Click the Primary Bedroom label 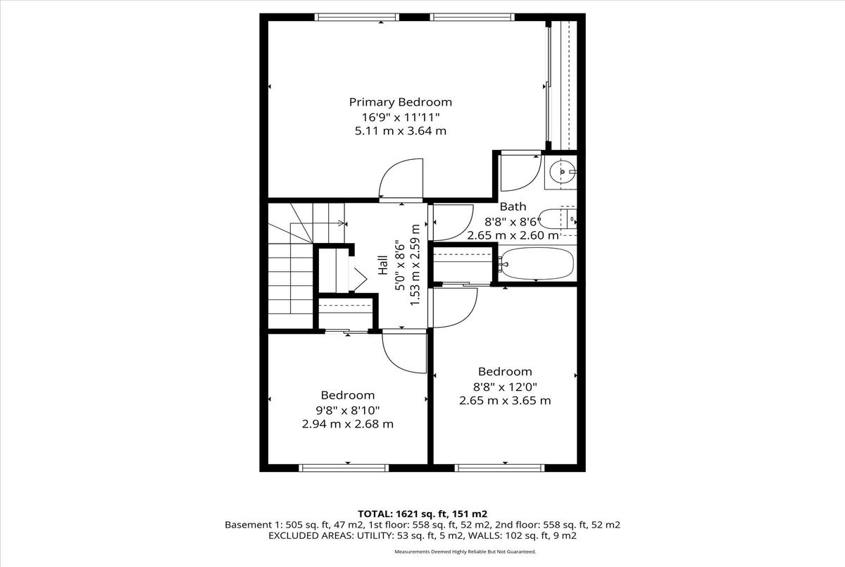400,102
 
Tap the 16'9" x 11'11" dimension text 400,118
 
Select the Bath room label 513,207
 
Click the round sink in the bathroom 563,172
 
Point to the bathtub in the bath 537,263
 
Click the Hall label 383,265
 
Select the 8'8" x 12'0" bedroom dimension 505,387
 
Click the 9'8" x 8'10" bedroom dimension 347,410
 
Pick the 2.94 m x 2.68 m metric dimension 347,424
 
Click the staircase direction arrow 318,223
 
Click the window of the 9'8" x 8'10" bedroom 344,468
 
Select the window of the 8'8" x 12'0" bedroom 499,468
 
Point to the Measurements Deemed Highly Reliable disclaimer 465,552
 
